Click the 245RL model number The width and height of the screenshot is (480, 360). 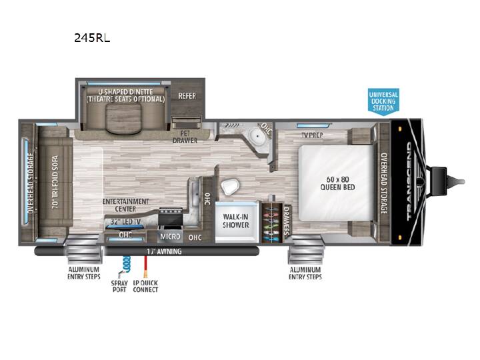92,37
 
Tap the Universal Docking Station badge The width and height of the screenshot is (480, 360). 383,101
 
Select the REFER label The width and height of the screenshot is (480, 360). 187,96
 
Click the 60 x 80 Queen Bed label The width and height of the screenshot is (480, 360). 337,183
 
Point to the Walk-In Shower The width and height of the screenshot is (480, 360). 236,221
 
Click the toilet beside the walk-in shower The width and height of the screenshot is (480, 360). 230,187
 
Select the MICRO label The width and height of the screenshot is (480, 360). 170,237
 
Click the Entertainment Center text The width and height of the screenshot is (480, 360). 125,205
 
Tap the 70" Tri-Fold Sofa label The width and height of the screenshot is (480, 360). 55,182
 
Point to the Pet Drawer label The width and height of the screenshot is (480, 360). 185,137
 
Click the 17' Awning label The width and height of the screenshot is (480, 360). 164,251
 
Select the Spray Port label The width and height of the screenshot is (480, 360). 119,286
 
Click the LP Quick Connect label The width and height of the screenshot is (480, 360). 145,286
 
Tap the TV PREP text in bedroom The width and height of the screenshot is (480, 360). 312,135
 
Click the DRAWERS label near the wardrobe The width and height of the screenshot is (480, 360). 287,221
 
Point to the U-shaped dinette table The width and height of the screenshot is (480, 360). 124,118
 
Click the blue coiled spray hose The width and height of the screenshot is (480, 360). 125,264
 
